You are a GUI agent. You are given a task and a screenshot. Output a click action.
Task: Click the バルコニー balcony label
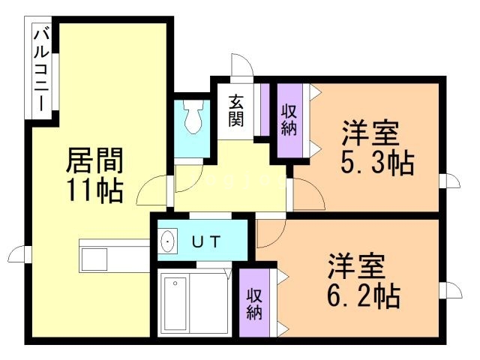[x=41, y=70]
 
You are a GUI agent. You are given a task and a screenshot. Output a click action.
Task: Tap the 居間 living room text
[x=94, y=160]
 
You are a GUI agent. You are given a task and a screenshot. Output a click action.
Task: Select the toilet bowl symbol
[x=193, y=119]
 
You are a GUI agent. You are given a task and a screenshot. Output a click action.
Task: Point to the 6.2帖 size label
[x=363, y=295]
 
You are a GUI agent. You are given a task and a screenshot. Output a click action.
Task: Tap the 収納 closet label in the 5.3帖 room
[x=289, y=120]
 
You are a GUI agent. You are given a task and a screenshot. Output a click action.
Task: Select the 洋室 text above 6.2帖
[x=356, y=266]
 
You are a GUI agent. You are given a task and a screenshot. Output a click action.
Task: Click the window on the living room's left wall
[x=20, y=255]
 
